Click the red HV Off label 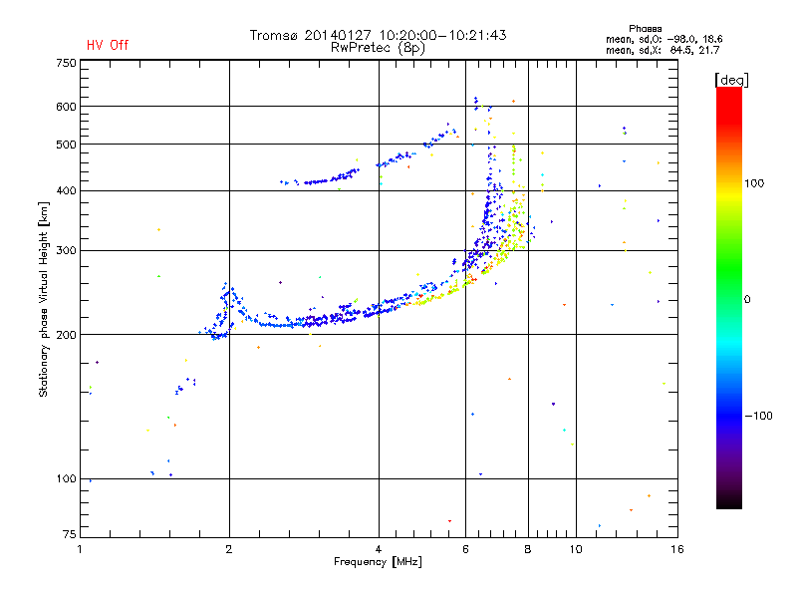pyautogui.click(x=108, y=45)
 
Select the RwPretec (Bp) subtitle pyautogui.click(x=379, y=47)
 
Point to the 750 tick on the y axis pyautogui.click(x=66, y=62)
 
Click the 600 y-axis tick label pyautogui.click(x=66, y=106)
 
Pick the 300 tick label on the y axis pyautogui.click(x=66, y=250)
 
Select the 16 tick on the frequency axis pyautogui.click(x=676, y=549)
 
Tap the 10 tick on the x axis pyautogui.click(x=576, y=549)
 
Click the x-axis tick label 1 pyautogui.click(x=81, y=549)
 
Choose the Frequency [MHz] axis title pyautogui.click(x=378, y=562)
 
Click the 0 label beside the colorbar pyautogui.click(x=747, y=299)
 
